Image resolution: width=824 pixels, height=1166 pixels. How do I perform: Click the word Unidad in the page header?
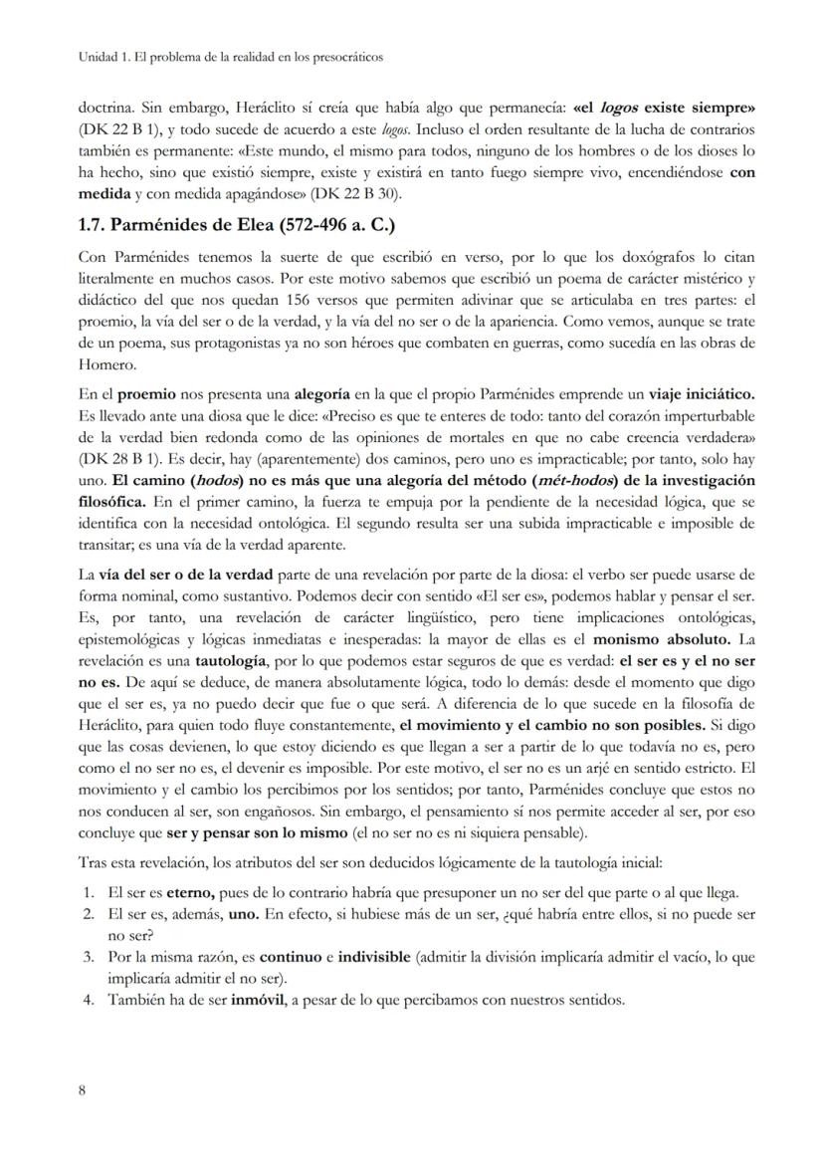[96, 57]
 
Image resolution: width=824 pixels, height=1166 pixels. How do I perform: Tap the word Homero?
[103, 363]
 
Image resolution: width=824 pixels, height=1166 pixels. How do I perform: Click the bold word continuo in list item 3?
[293, 957]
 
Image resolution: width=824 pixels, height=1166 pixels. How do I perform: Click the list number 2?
[88, 912]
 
